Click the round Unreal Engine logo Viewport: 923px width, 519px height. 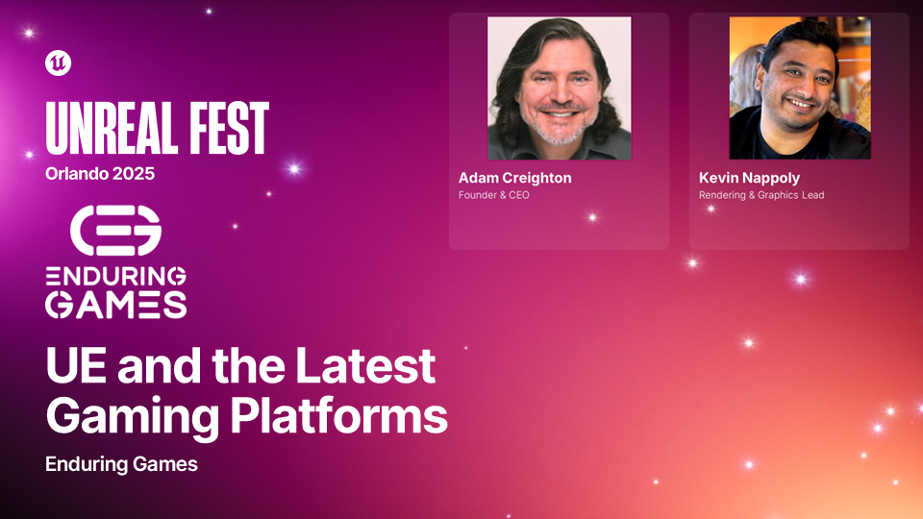click(x=59, y=63)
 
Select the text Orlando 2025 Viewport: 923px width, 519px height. click(x=100, y=174)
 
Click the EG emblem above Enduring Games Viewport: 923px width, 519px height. click(x=116, y=230)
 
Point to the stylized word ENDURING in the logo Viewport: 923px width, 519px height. click(x=116, y=276)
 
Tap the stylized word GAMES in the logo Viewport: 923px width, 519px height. click(x=116, y=306)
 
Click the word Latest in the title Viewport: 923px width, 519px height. click(x=365, y=365)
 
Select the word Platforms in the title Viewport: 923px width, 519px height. click(x=338, y=415)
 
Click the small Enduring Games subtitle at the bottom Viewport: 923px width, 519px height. click(x=121, y=464)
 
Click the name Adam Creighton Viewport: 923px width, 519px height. click(x=515, y=178)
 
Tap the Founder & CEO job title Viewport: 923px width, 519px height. click(x=494, y=195)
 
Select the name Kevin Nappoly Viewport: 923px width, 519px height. click(x=749, y=178)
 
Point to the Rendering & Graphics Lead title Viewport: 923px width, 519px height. click(x=761, y=195)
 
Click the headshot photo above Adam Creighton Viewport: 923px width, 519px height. click(x=560, y=88)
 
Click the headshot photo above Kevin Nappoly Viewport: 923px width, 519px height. click(x=800, y=88)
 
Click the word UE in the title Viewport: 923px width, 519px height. click(x=76, y=365)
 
